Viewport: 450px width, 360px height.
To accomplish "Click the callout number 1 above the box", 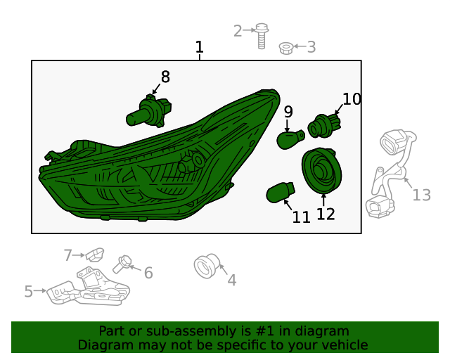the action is (200, 48).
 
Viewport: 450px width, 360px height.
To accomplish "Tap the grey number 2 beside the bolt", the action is (238, 30).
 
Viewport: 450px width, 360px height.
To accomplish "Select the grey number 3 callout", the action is (311, 48).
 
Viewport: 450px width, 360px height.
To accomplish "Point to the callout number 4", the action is (231, 280).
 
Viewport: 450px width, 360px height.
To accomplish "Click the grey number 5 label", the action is (28, 291).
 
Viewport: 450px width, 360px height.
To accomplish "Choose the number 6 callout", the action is (148, 273).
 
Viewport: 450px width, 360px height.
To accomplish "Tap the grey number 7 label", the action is (68, 255).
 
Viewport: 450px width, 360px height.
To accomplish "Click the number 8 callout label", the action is (165, 77).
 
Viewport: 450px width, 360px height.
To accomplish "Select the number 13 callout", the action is (421, 195).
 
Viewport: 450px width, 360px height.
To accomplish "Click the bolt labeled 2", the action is (262, 34).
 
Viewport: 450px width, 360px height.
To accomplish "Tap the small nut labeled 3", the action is (285, 48).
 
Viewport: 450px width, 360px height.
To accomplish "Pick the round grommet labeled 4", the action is (205, 267).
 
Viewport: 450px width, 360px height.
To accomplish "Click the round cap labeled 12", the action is (321, 171).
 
